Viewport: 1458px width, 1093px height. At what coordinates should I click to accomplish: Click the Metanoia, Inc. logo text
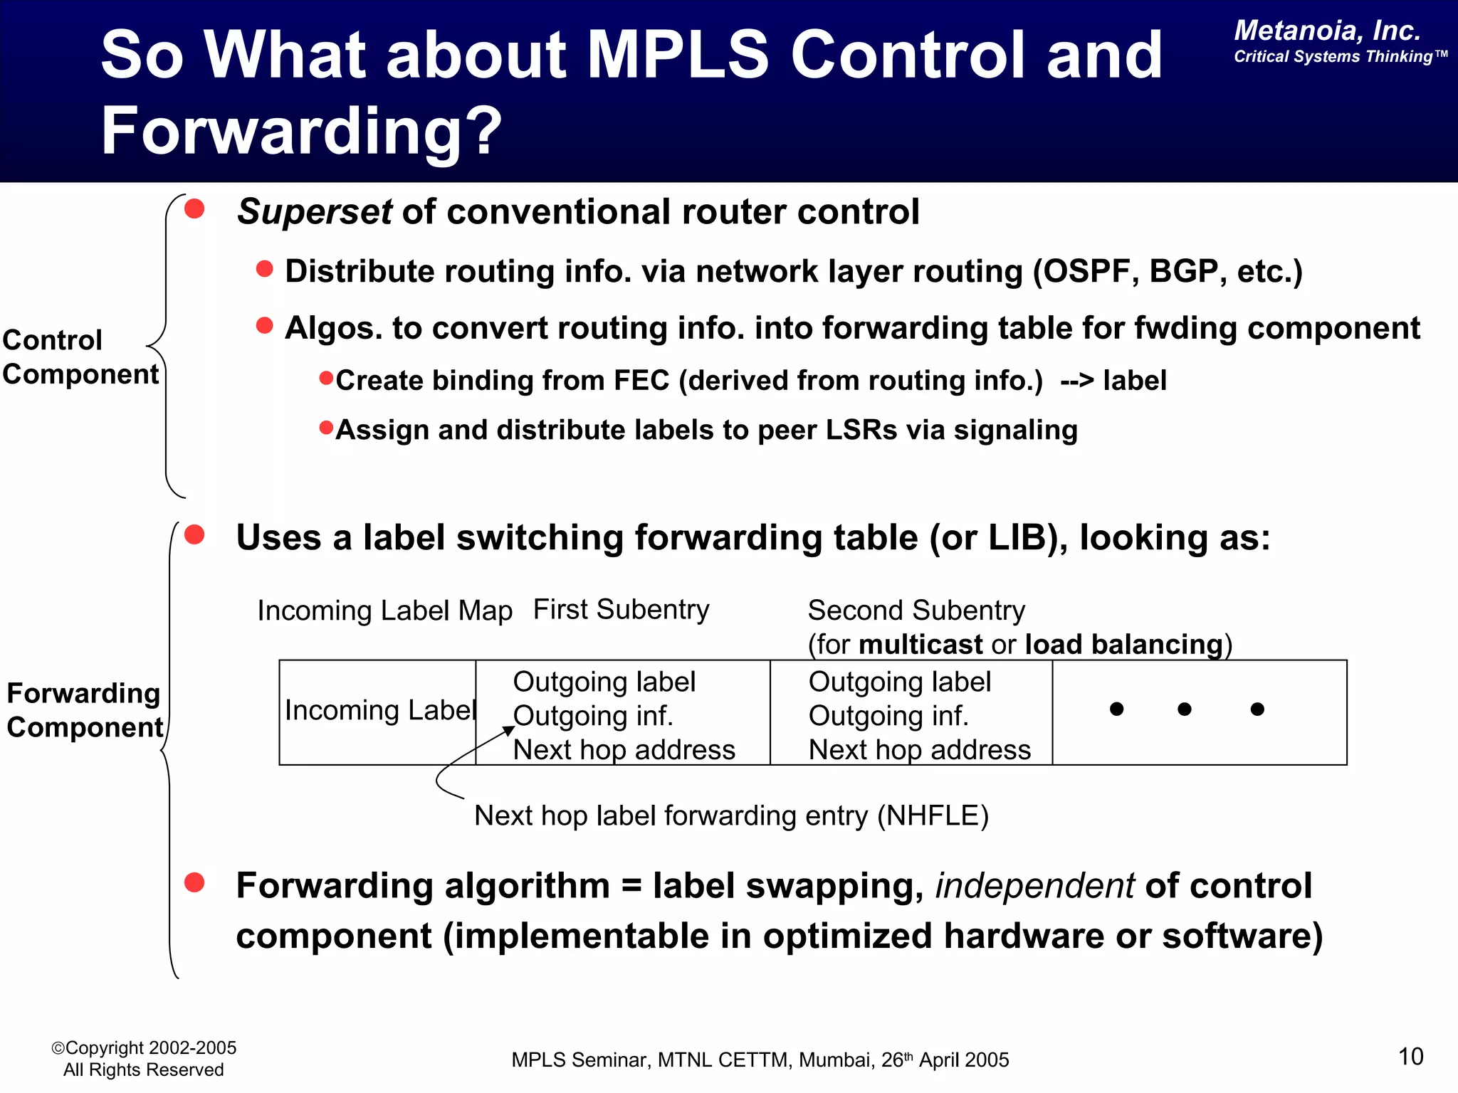[x=1327, y=31]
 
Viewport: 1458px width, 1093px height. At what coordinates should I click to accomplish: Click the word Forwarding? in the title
[x=302, y=131]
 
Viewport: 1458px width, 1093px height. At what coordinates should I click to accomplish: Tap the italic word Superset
[x=314, y=212]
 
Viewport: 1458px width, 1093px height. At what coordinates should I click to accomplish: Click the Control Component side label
[x=80, y=357]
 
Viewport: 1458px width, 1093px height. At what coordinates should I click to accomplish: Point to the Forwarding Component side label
[x=84, y=710]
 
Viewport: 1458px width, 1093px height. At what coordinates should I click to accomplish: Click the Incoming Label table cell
[x=379, y=710]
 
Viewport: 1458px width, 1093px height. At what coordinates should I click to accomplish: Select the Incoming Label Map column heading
[x=384, y=611]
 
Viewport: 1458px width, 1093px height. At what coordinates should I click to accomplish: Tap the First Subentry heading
[x=621, y=610]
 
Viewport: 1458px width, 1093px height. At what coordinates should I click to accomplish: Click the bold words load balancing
[x=1123, y=645]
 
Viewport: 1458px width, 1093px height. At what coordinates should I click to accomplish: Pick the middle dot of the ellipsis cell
[x=1185, y=709]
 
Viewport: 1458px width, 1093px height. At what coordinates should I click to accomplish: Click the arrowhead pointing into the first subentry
[x=509, y=730]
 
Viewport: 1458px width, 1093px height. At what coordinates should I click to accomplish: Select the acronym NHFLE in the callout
[x=933, y=816]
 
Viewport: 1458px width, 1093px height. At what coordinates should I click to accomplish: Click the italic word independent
[x=1034, y=886]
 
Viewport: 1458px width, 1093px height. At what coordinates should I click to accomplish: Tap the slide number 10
[x=1410, y=1057]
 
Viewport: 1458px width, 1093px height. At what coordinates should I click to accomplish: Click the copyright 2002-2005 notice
[x=144, y=1048]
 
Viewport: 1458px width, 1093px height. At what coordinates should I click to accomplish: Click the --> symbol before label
[x=1076, y=381]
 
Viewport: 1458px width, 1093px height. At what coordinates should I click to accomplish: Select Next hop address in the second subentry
[x=919, y=750]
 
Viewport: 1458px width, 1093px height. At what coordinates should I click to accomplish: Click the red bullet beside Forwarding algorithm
[x=194, y=883]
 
